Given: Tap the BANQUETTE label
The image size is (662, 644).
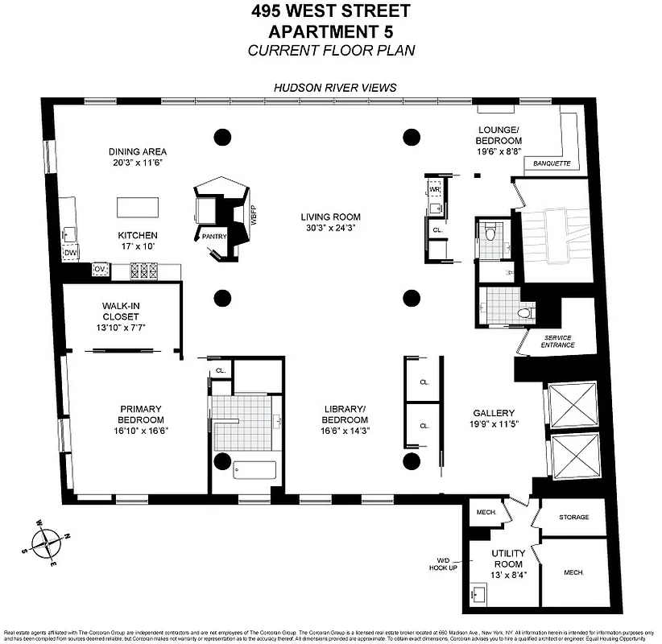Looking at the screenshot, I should [547, 163].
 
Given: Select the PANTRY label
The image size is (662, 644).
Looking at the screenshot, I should [214, 236].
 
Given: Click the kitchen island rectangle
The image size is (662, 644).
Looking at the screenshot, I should [139, 207].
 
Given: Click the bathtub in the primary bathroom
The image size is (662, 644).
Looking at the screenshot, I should [254, 469].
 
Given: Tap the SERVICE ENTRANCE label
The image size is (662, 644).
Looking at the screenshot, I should [559, 341].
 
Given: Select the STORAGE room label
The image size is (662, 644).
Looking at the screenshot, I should [573, 518].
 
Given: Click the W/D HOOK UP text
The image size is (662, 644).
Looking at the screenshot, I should [445, 563].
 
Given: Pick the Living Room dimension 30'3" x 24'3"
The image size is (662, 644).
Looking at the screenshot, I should [330, 229].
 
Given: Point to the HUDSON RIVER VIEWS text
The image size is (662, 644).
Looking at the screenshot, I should [334, 88].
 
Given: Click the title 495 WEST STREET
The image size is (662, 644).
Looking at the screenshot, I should [330, 11].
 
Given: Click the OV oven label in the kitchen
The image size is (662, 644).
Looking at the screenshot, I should [101, 269].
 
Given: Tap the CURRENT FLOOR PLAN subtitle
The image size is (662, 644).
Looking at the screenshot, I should [330, 50].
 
